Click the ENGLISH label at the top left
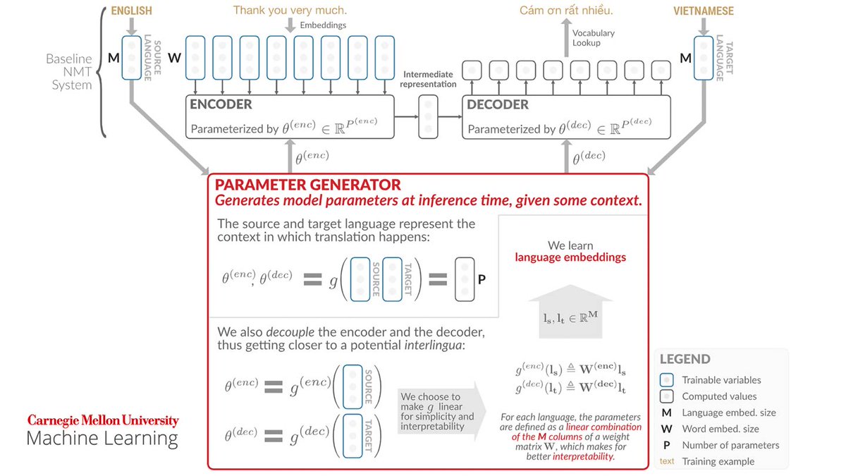[131, 11]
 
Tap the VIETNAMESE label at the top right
[703, 11]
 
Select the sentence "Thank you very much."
[290, 11]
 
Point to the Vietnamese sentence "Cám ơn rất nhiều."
[566, 11]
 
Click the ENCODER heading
[221, 104]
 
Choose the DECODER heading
[498, 104]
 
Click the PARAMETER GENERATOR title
[308, 185]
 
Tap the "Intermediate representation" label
[429, 79]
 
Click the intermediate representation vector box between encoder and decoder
[428, 116]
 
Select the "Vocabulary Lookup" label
[593, 38]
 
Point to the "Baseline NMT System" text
[69, 72]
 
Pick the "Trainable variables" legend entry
[721, 379]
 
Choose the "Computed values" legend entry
[718, 396]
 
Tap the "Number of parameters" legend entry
[730, 445]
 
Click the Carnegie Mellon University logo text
[103, 420]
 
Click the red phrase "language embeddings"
[570, 257]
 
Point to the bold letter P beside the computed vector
[482, 279]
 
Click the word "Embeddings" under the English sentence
[323, 25]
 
